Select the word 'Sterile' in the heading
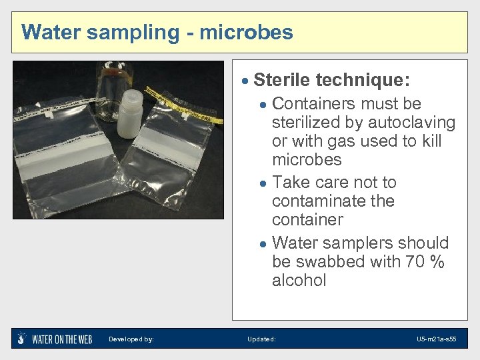click(282, 81)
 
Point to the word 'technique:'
click(363, 81)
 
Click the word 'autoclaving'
click(412, 123)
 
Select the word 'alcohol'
click(299, 280)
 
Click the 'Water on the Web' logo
click(55, 339)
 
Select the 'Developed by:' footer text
click(131, 339)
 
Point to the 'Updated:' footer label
click(261, 339)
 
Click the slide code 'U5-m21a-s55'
click(437, 339)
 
